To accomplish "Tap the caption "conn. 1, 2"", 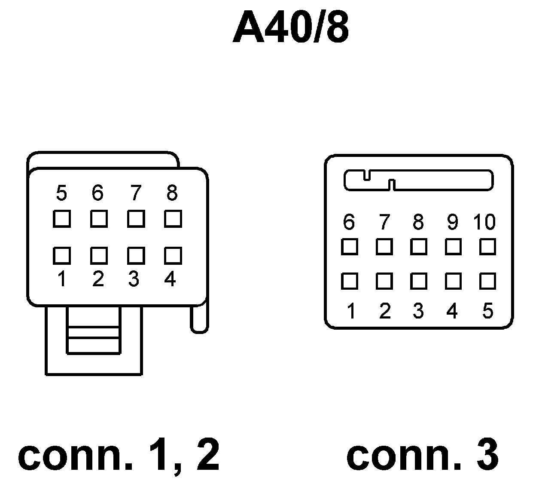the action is [119, 455].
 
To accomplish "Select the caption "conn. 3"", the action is [422, 455].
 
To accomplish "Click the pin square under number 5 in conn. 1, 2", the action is [62, 219].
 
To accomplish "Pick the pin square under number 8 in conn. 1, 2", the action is [173, 219].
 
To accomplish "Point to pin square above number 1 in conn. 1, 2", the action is [62, 255].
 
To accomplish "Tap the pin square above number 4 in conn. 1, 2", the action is [173, 255].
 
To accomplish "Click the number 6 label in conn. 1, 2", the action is [98, 193].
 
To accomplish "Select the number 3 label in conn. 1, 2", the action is [134, 279].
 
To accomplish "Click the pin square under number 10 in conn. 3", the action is [488, 247].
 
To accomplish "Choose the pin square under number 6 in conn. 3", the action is [350, 247].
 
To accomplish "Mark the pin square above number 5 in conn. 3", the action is [488, 281].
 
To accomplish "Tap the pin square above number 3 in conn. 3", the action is [418, 281].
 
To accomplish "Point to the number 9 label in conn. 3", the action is [453, 222].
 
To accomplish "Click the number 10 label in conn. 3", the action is [484, 222].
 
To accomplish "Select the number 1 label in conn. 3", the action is [351, 311].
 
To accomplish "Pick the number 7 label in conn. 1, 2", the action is [135, 193].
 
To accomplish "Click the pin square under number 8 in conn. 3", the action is [418, 247].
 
